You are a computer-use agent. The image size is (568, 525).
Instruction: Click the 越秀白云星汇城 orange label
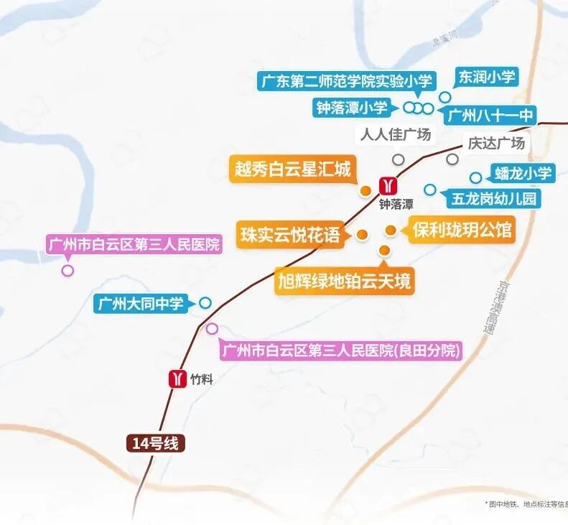292,169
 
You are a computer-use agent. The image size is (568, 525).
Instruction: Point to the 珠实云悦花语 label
291,234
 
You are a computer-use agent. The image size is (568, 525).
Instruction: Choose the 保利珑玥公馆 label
462,231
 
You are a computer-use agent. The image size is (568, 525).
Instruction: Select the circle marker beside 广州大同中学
205,303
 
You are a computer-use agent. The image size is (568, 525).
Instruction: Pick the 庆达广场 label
496,142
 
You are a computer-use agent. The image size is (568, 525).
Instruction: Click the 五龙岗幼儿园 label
494,198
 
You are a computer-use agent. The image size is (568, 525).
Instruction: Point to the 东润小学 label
487,77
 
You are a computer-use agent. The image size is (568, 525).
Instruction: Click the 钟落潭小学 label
351,108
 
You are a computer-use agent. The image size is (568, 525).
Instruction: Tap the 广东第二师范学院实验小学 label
337,80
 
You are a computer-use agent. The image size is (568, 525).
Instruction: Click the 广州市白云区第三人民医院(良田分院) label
340,351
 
